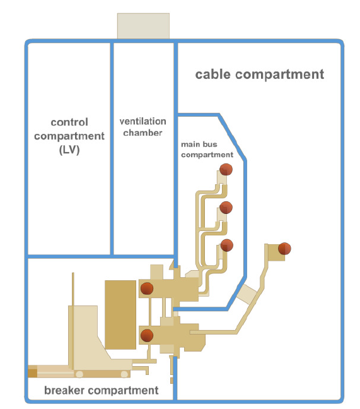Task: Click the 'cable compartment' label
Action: tap(259, 74)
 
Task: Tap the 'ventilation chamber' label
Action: tap(143, 127)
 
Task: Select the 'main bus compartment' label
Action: tap(207, 149)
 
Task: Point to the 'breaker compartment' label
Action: tap(101, 390)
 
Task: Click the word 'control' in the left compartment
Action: tap(69, 122)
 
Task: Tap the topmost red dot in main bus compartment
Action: tap(226, 169)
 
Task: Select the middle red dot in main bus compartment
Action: tap(226, 207)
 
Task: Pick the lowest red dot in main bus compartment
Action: tap(226, 245)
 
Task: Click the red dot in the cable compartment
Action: tap(284, 249)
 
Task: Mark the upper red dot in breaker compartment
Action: tap(146, 288)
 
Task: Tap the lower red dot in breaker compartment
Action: tap(146, 335)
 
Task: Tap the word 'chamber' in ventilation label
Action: tap(143, 133)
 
